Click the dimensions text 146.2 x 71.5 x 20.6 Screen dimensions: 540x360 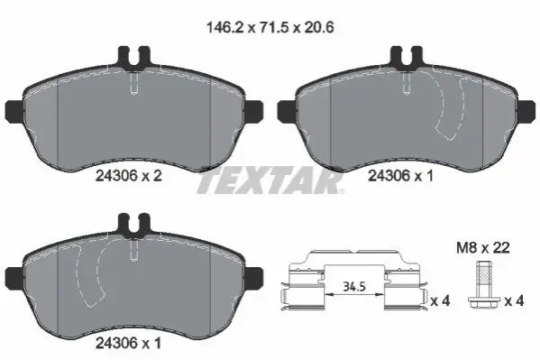(x=270, y=27)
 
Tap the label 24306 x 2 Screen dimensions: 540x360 (x=128, y=176)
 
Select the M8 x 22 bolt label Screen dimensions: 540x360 (x=483, y=247)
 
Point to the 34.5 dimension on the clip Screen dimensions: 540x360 (x=353, y=285)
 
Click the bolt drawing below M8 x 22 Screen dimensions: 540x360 (x=482, y=288)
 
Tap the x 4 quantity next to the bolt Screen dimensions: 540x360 (x=514, y=301)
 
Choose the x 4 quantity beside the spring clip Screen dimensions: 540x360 (x=441, y=301)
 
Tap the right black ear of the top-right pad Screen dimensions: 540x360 (x=526, y=111)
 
